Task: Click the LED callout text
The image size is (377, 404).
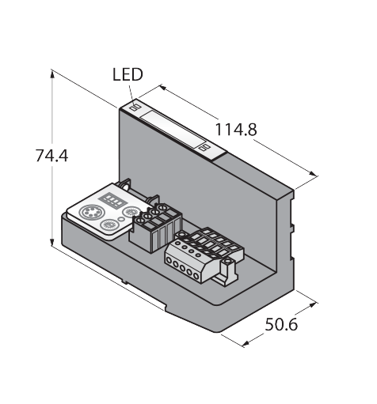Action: click(x=128, y=74)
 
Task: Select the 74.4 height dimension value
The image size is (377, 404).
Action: click(x=51, y=156)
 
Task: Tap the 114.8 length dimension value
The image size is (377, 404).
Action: click(x=236, y=130)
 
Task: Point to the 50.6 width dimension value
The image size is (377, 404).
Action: click(x=281, y=324)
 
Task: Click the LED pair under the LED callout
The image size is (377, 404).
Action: click(x=136, y=107)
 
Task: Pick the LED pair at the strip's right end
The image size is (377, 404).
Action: click(x=204, y=147)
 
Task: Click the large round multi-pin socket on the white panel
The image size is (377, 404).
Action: click(x=88, y=212)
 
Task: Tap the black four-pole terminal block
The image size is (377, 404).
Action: click(x=155, y=228)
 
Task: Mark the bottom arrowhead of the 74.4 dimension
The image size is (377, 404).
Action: click(x=52, y=241)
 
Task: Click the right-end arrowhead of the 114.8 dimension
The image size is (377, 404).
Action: click(x=313, y=174)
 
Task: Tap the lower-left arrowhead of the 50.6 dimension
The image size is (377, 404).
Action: click(x=246, y=343)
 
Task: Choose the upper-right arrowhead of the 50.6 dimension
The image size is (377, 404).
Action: click(x=313, y=304)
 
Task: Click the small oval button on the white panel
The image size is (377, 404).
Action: click(x=121, y=218)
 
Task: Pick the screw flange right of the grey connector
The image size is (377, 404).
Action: click(x=227, y=271)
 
